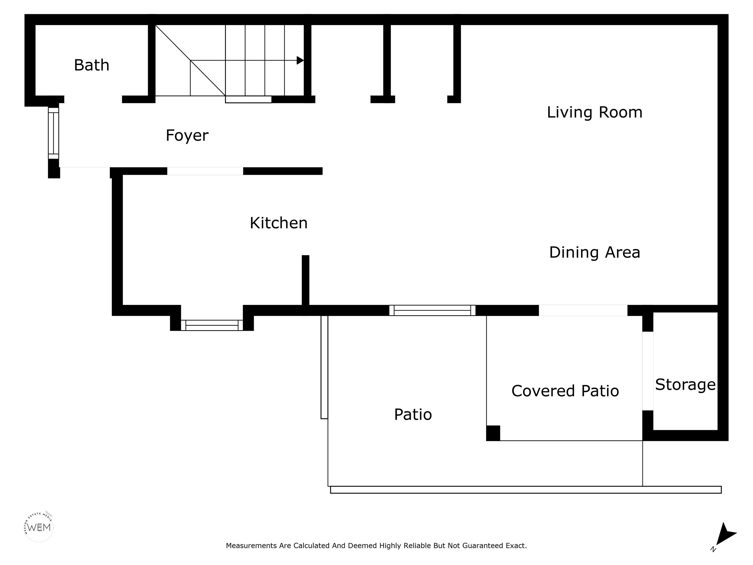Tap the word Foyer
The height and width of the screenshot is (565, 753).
187,136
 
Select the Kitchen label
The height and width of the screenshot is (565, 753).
278,223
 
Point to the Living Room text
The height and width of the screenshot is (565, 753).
594,112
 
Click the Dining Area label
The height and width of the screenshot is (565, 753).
594,252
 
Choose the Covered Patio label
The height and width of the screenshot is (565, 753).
565,391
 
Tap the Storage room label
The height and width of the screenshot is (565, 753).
685,385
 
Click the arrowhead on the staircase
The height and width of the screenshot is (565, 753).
300,61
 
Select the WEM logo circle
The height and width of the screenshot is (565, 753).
39,527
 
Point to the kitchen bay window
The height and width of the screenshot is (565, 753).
212,325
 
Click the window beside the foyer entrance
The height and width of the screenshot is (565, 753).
53,133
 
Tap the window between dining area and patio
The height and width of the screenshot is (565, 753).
432,310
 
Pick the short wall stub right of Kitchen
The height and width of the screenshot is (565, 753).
306,280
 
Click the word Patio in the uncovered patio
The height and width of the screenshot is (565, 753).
413,414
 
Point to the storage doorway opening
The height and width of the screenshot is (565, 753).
648,371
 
